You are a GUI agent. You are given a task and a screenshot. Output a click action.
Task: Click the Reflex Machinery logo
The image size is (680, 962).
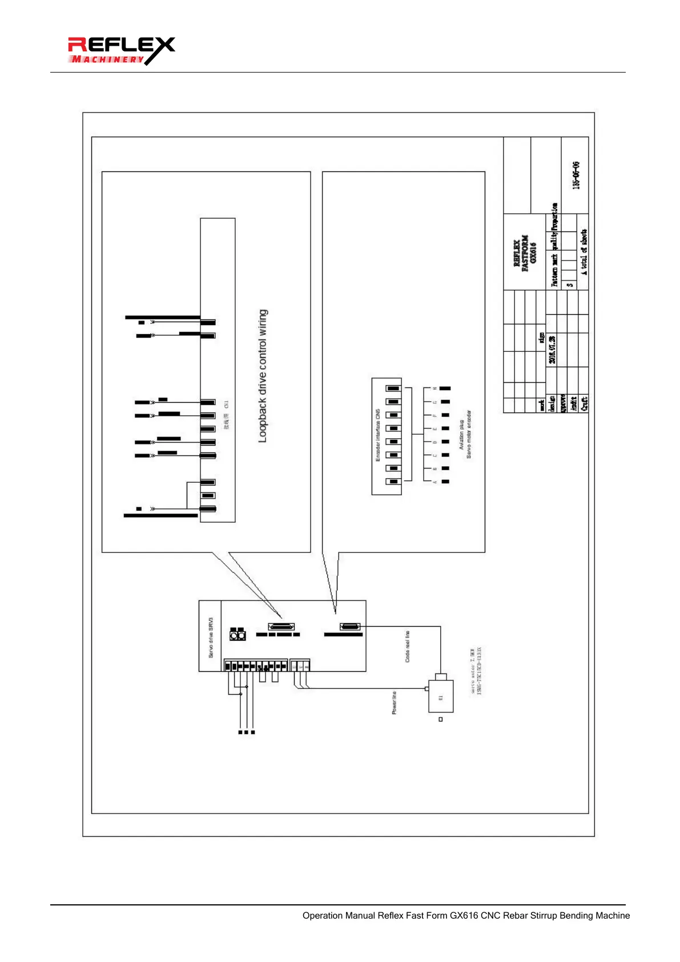[x=121, y=51]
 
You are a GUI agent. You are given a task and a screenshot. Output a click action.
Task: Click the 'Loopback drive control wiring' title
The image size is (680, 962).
[x=263, y=376]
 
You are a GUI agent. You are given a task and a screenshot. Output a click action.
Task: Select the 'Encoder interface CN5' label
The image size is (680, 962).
[x=378, y=435]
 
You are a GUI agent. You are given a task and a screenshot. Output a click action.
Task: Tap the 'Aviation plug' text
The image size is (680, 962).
[x=461, y=435]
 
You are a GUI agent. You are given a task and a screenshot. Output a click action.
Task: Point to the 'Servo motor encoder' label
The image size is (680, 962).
[x=469, y=434]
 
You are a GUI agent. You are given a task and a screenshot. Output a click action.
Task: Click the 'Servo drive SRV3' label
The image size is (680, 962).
[x=211, y=637]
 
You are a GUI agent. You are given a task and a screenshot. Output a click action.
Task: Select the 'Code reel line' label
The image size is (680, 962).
[x=407, y=647]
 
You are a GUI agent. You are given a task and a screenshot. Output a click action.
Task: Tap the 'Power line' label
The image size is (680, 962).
[x=394, y=703]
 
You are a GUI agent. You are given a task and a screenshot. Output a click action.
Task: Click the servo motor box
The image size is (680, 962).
[x=441, y=696]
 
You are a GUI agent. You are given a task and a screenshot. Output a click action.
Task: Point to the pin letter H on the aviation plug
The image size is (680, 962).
[x=434, y=388]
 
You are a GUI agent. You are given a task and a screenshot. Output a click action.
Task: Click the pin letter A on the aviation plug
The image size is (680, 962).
[x=434, y=482]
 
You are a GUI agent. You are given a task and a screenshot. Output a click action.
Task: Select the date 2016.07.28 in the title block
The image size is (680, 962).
[x=552, y=349]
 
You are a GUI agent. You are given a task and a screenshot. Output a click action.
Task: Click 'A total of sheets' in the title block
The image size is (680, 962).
[x=584, y=252]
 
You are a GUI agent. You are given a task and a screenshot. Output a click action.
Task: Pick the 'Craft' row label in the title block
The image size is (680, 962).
[x=584, y=403]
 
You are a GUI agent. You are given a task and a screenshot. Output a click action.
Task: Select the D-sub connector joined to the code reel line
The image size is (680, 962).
[x=350, y=627]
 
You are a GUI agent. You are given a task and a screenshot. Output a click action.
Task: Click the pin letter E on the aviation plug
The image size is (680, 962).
[x=434, y=428]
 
